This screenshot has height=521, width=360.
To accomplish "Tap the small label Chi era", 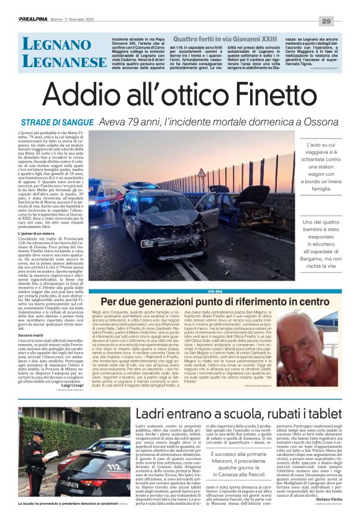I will [215, 291].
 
